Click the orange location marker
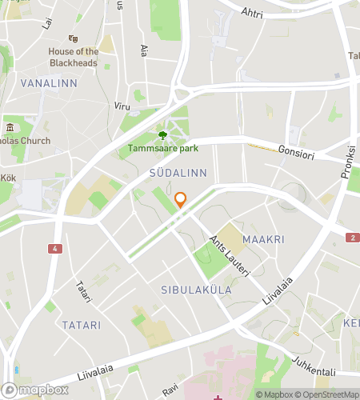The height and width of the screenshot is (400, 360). pyautogui.click(x=181, y=200)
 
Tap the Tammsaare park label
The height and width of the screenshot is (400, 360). pyautogui.click(x=163, y=148)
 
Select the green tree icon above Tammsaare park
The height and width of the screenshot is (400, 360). pyautogui.click(x=163, y=134)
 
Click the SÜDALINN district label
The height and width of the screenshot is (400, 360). pyautogui.click(x=178, y=173)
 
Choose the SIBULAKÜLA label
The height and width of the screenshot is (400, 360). pyautogui.click(x=196, y=290)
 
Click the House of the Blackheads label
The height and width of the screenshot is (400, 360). pyautogui.click(x=73, y=57)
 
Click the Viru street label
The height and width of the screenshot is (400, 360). pyautogui.click(x=122, y=106)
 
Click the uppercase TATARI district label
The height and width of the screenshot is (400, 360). pyautogui.click(x=80, y=326)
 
